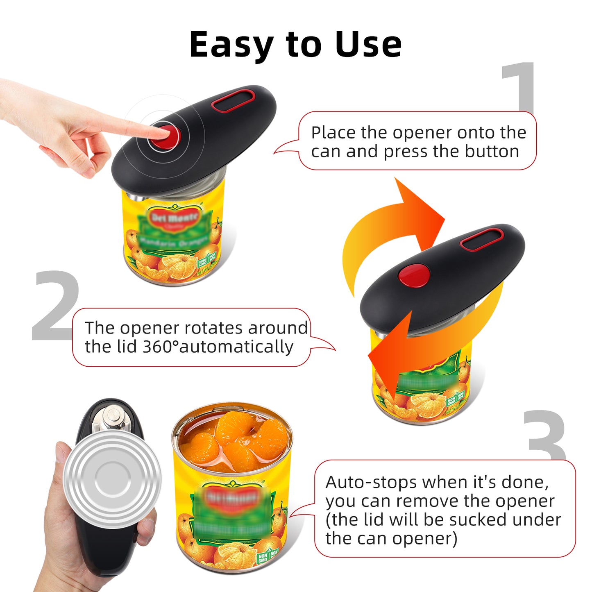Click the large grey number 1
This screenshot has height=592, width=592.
click(x=519, y=86)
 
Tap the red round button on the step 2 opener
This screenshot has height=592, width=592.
click(x=414, y=275)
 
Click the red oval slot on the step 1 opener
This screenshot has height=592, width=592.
click(x=233, y=101)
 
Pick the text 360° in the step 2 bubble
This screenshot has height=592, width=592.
click(x=160, y=347)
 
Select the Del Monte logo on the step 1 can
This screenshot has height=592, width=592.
click(x=174, y=218)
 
